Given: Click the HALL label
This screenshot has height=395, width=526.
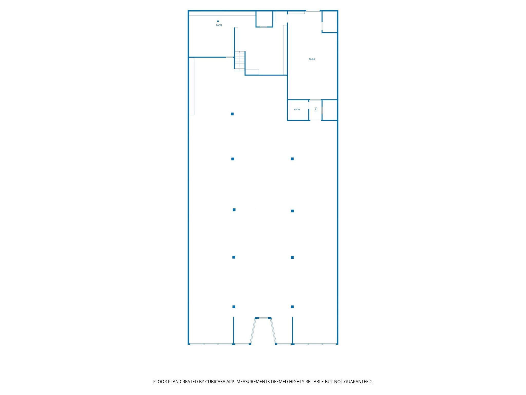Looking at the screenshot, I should (316, 109).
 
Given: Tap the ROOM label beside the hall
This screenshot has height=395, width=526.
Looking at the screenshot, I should (297, 110).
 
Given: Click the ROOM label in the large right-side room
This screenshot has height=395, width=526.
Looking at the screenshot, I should (312, 59).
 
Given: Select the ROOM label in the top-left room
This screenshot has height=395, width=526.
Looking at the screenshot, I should (219, 25).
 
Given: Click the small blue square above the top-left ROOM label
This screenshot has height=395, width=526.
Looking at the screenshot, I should (218, 21).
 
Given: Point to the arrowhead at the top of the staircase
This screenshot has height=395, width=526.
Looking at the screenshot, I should (240, 52).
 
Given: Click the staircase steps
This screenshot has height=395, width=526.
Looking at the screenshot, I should (240, 62).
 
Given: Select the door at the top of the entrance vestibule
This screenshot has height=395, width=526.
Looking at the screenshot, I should (263, 318).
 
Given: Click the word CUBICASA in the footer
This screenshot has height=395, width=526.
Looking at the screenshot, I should (215, 382).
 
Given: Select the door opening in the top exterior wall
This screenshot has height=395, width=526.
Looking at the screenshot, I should (313, 11).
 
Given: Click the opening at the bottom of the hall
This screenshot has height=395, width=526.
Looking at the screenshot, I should (315, 120).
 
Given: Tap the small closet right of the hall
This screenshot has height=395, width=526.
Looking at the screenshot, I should (330, 110).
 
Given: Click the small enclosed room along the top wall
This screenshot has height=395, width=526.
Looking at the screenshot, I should (264, 19).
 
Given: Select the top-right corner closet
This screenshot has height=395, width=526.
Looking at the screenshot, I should (330, 22).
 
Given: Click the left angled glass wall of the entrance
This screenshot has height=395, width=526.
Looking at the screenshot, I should (253, 331).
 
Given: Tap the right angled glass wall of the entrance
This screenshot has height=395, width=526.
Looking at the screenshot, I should (274, 331).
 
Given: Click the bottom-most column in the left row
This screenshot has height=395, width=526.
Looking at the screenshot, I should (234, 307).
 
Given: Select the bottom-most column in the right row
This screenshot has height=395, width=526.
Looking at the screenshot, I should (292, 307).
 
